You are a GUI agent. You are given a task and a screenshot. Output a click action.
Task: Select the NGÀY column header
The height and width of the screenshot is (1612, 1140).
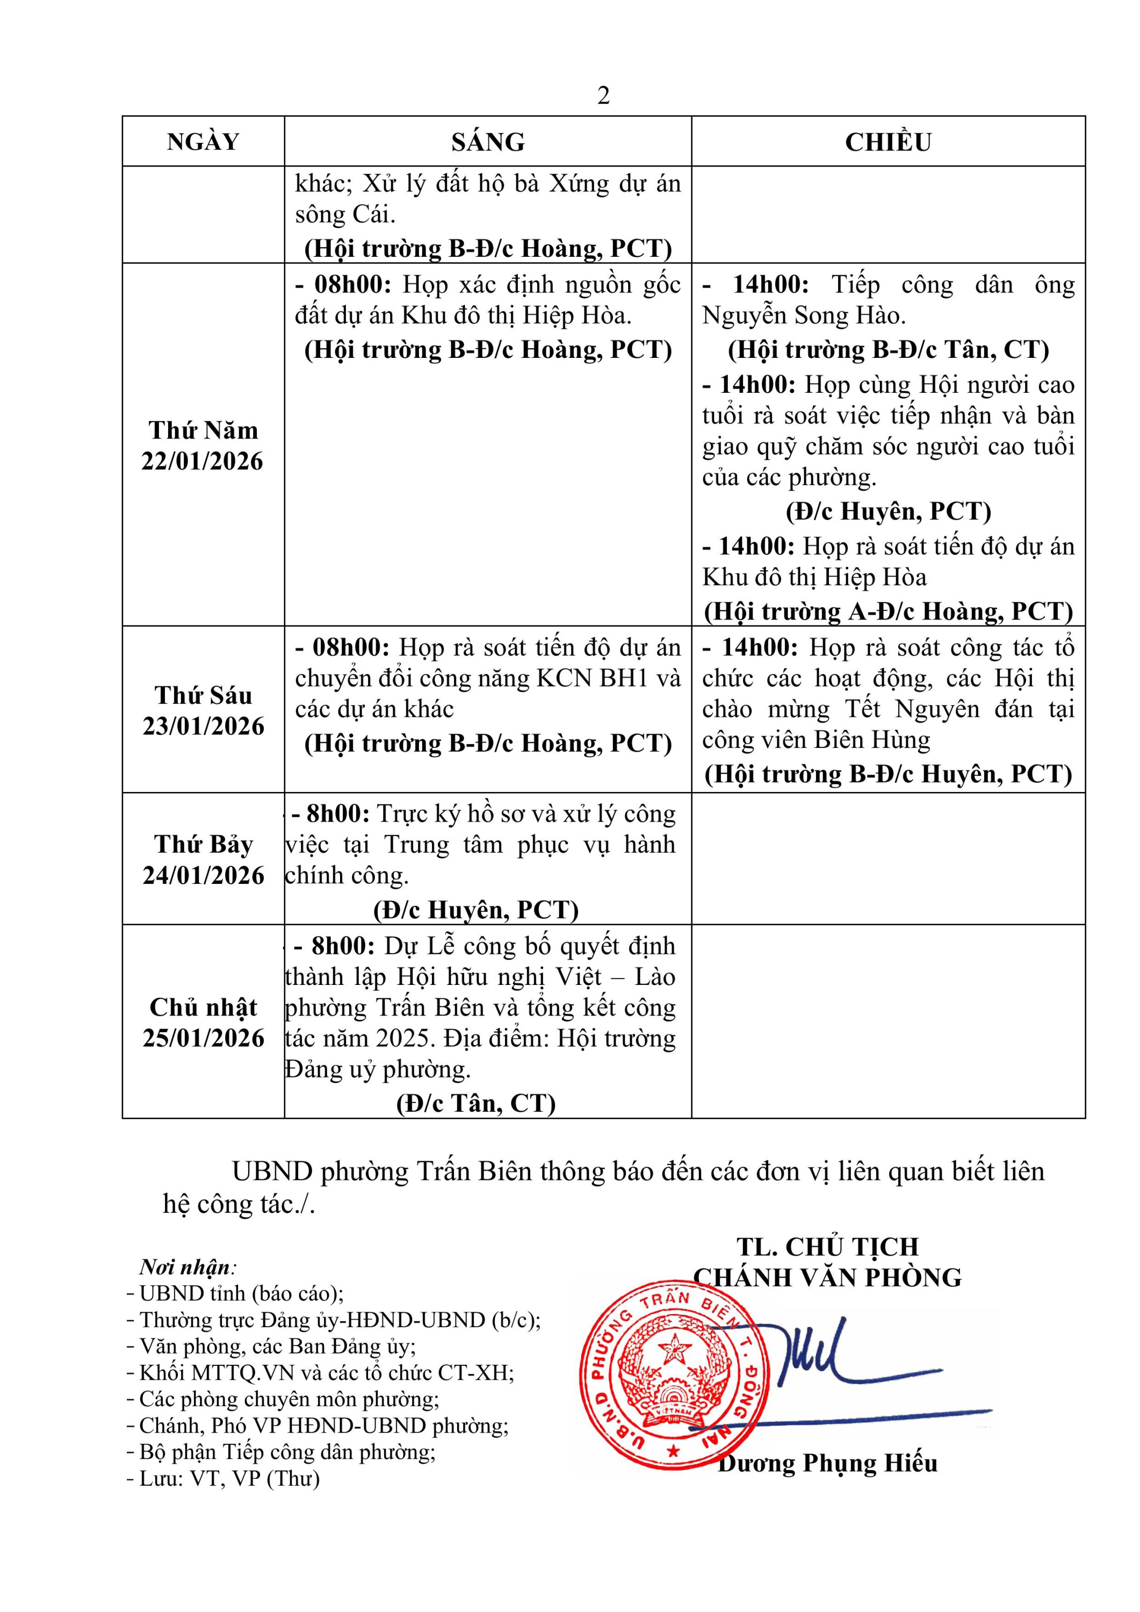(203, 142)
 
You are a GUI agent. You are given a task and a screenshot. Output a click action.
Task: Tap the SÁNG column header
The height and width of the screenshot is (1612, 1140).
(488, 142)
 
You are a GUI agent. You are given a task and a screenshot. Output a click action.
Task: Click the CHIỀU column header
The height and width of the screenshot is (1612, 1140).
(888, 142)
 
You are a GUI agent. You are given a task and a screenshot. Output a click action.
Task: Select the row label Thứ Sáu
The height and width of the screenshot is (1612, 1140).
(203, 695)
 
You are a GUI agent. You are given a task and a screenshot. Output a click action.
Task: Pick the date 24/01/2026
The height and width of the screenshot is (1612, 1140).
(204, 875)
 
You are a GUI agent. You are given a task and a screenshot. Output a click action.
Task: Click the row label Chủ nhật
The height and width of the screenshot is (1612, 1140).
(203, 1007)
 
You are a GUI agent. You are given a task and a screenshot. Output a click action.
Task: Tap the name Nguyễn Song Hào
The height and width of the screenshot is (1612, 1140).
(804, 316)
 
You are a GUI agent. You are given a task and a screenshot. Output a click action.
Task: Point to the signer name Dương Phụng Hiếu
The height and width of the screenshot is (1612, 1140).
(827, 1463)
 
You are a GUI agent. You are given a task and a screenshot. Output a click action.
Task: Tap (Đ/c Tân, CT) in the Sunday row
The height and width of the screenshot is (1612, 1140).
(476, 1103)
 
